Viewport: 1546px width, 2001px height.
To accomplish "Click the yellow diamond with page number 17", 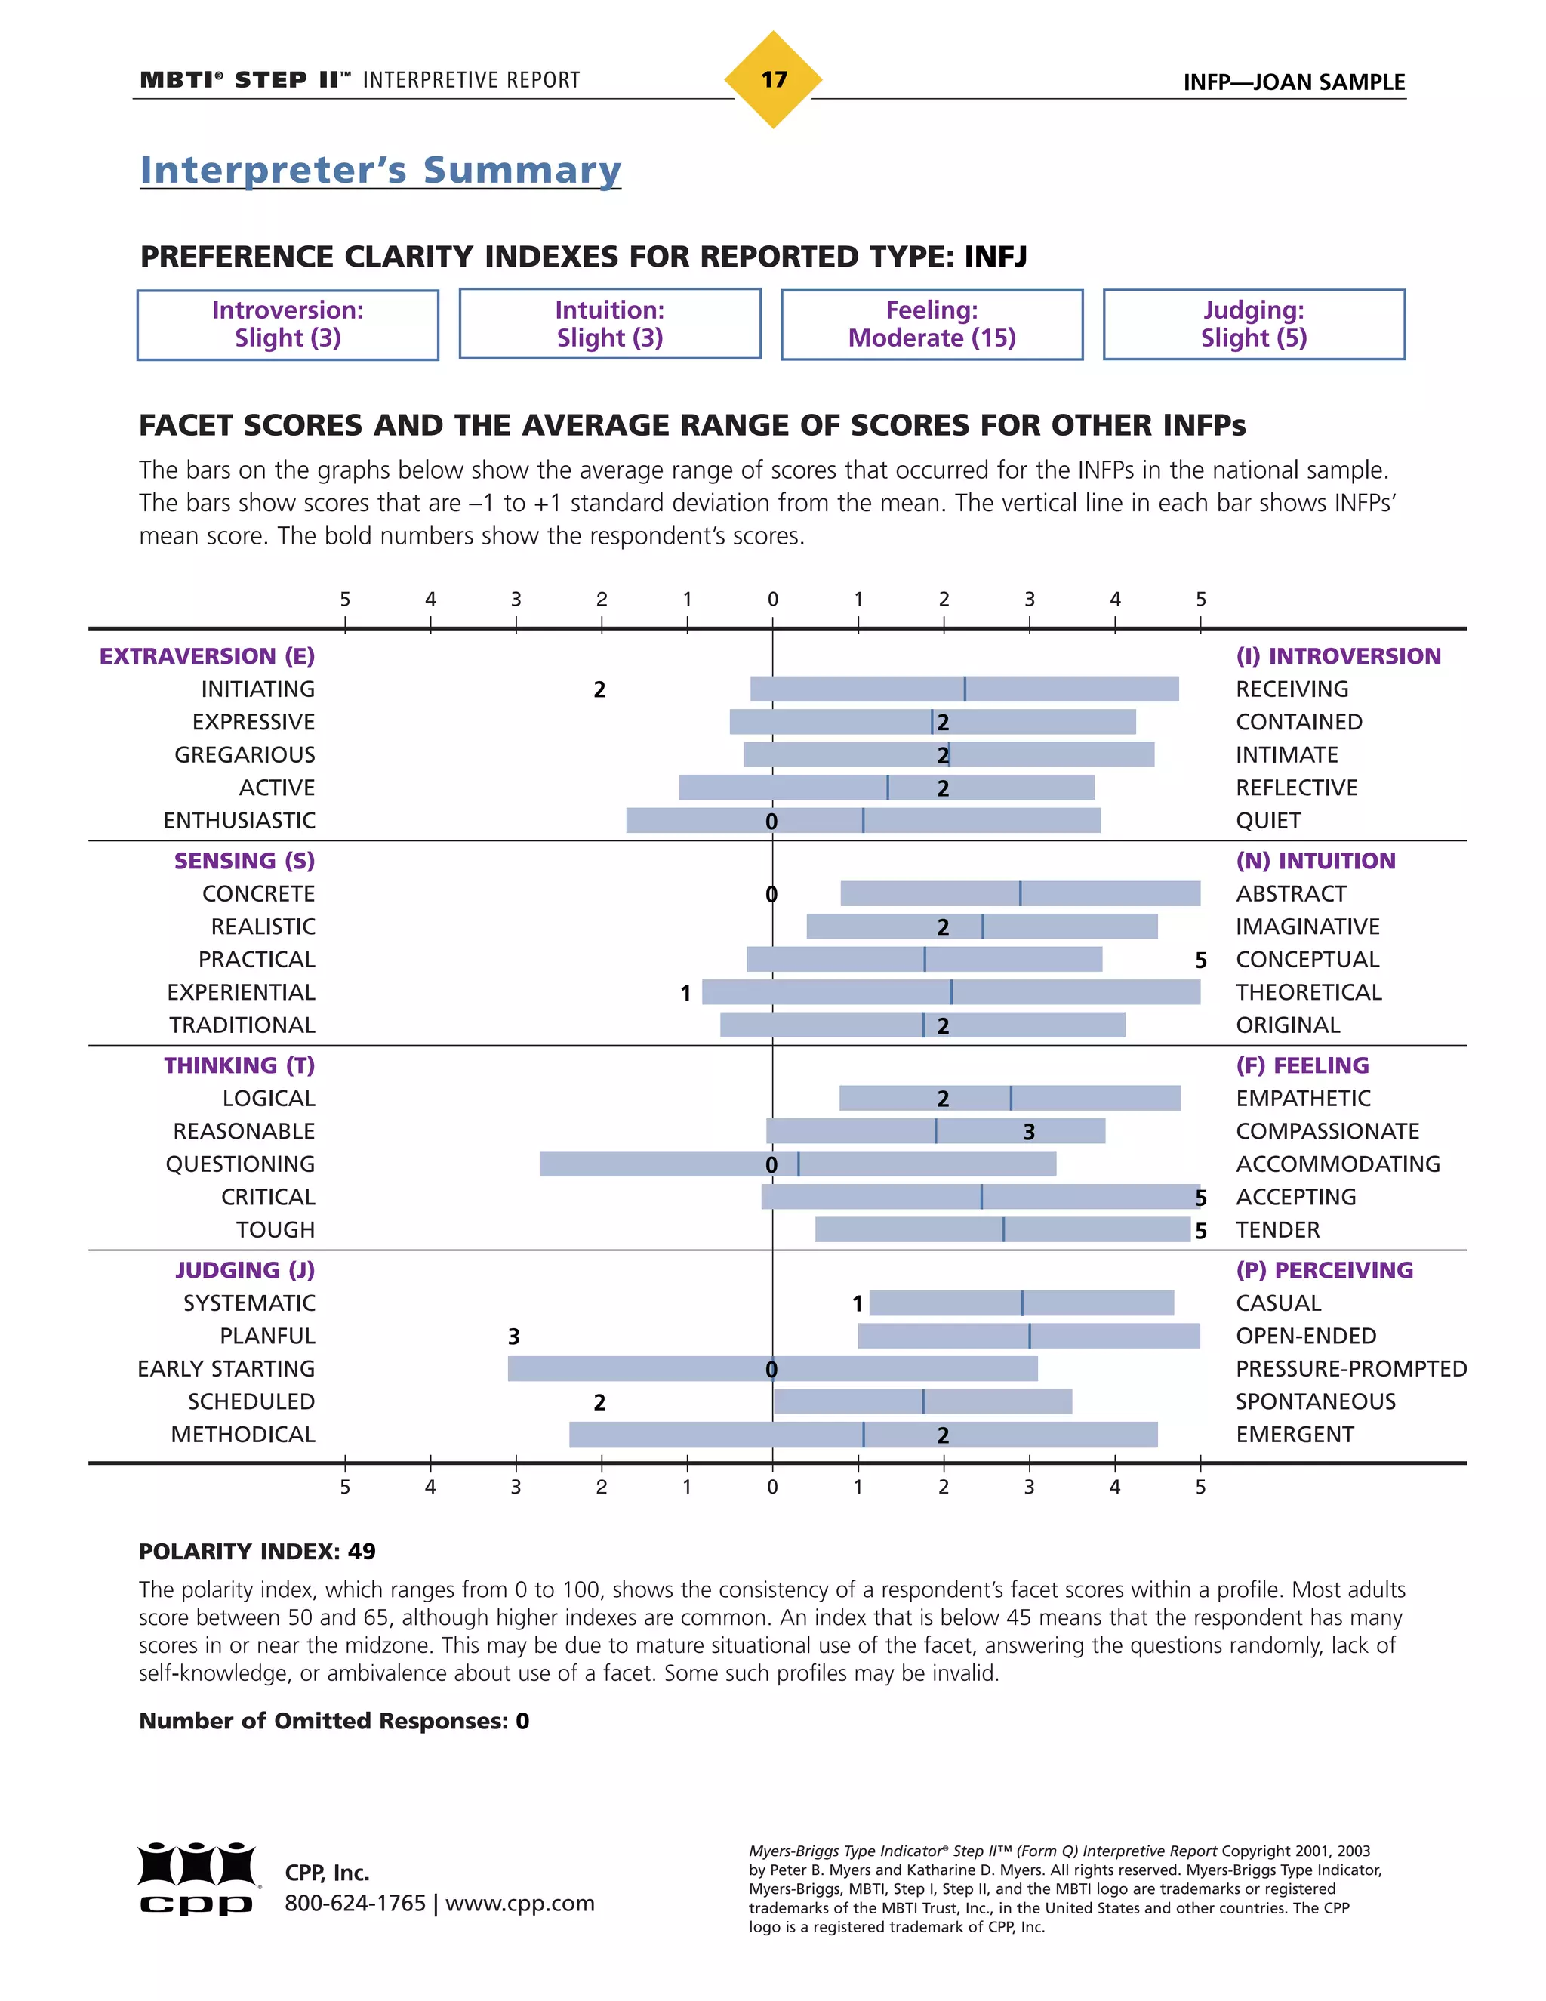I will point(773,80).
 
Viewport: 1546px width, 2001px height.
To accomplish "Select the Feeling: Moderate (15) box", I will point(932,325).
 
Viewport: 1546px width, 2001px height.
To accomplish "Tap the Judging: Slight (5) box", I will point(1253,325).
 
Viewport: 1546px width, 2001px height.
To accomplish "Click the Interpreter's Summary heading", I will point(380,171).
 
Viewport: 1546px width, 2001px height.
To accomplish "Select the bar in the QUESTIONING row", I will point(797,1164).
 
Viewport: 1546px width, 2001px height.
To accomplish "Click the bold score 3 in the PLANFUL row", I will point(514,1337).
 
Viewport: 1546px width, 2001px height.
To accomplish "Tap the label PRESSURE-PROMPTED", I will point(1350,1369).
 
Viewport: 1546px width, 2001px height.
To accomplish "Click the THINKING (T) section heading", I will point(239,1065).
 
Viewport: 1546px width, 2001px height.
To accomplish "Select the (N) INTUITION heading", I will point(1315,862).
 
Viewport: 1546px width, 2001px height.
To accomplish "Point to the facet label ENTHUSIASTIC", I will point(239,821).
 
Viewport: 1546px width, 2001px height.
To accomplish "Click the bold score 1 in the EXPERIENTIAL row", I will point(685,993).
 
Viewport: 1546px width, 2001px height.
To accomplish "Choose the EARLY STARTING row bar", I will point(772,1369).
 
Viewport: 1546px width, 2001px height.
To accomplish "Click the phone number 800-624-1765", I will point(356,1903).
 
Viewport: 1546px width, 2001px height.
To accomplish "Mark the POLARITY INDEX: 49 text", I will point(257,1551).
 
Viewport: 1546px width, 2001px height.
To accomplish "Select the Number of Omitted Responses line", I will point(334,1721).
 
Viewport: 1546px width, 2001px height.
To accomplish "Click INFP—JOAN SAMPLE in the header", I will point(1293,82).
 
